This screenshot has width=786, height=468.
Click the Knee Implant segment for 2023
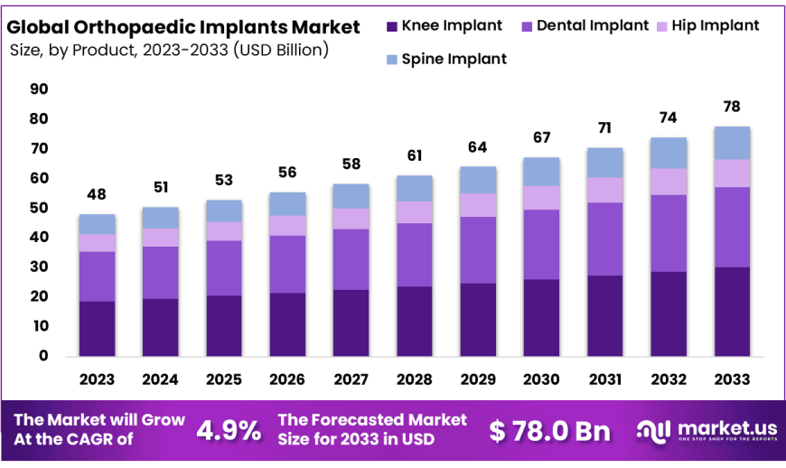pos(97,328)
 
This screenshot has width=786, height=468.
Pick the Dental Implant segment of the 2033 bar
pos(732,227)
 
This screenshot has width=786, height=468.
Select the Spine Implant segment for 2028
pos(415,188)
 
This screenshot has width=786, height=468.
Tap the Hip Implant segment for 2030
pos(542,198)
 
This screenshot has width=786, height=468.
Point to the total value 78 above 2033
pos(732,107)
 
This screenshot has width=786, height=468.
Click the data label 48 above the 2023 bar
pos(97,194)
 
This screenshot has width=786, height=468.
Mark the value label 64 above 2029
pos(478,147)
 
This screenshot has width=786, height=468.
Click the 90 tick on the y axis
pos(39,89)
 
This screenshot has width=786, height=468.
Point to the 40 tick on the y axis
pos(39,238)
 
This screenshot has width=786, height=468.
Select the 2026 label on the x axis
pos(287,379)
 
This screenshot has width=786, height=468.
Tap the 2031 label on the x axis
pos(605,379)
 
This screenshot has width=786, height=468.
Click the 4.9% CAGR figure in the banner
pos(229,430)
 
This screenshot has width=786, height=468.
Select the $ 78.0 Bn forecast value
pos(550,431)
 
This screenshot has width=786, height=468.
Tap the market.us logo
pos(706,431)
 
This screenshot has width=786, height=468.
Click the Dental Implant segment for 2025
pos(224,267)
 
